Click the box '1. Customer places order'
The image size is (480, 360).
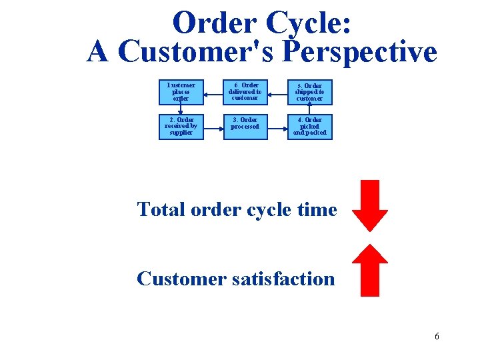181,92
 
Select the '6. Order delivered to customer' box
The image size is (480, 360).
245,92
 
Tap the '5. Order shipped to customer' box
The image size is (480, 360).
309,92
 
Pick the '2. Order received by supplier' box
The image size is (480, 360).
181,127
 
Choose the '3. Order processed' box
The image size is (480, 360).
245,127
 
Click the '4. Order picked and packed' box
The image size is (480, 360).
309,127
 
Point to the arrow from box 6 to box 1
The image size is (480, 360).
213,93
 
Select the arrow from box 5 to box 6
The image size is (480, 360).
277,93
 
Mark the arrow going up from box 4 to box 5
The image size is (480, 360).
309,109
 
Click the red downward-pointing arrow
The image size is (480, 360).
370,205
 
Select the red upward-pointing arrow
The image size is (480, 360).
370,270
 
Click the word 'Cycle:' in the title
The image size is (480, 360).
309,24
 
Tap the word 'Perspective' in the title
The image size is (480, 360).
360,52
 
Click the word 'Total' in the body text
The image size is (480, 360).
161,209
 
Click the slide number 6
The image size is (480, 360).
437,336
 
